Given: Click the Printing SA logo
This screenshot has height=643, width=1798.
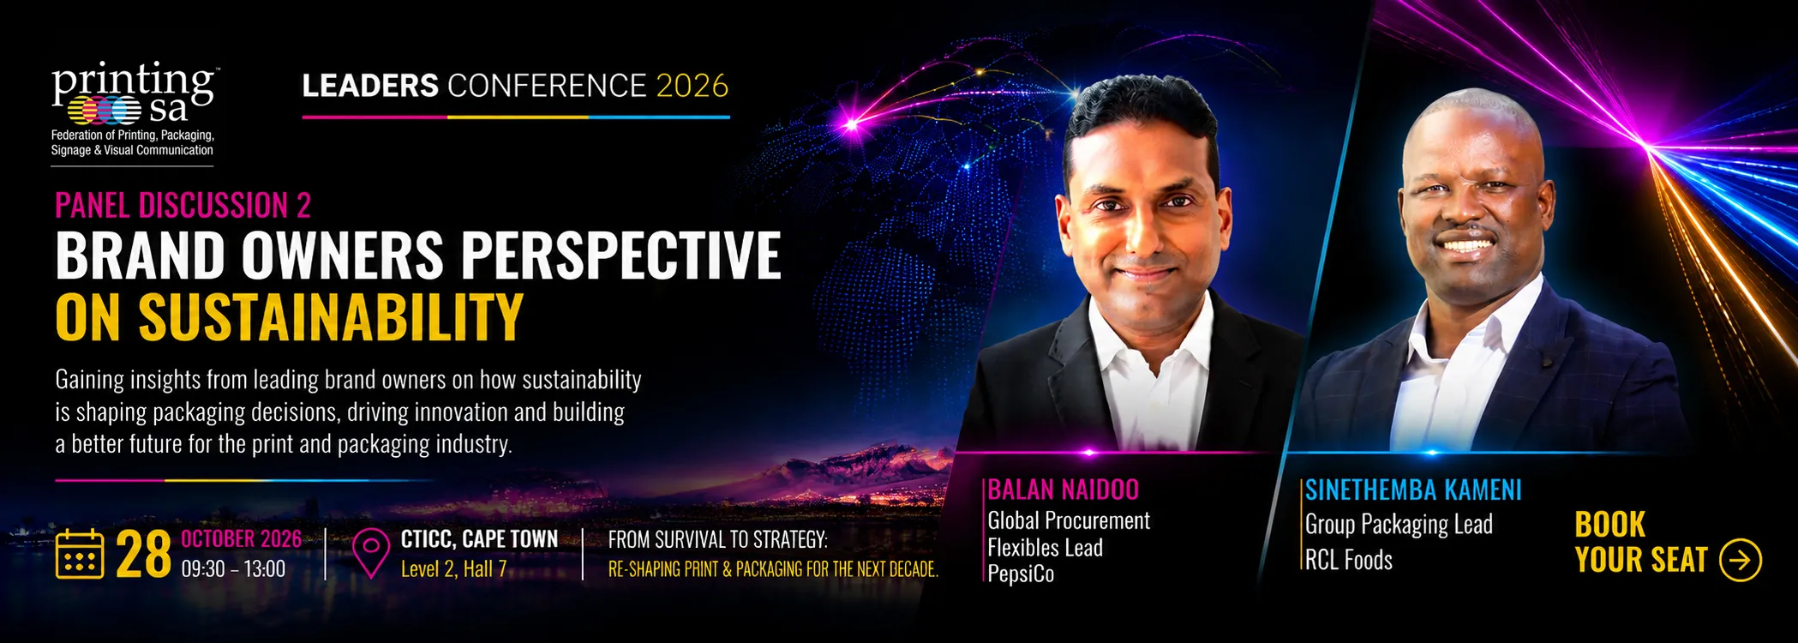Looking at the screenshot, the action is tap(133, 109).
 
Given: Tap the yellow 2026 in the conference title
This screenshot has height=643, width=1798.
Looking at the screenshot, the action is tap(692, 86).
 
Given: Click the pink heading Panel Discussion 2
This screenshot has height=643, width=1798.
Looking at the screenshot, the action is tap(183, 206).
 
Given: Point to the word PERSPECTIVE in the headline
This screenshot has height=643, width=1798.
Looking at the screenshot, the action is tap(621, 255).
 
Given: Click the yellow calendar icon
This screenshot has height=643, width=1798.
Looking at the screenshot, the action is tap(80, 554).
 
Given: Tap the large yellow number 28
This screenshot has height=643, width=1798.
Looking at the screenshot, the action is tap(143, 556).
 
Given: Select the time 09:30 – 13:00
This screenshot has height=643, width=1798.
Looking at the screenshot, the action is tap(233, 569).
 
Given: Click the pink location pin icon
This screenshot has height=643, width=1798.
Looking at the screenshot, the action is tap(371, 553).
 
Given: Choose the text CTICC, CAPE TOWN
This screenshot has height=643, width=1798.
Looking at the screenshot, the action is tap(479, 539).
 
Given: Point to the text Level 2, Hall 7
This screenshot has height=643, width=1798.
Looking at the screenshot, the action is tap(453, 569).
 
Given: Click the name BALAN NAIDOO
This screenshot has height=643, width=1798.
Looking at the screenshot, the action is tap(1064, 490).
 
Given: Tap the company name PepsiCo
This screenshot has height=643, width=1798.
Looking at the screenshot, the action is tap(1021, 574).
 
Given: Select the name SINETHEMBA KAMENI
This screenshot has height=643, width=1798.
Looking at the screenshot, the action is tap(1413, 490).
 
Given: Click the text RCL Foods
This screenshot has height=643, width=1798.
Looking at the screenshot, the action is tap(1349, 560).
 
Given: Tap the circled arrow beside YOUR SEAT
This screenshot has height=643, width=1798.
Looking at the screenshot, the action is tap(1741, 560).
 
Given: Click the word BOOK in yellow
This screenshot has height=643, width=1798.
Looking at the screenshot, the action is tap(1610, 525).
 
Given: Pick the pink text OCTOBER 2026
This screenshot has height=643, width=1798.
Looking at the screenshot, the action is tap(241, 539).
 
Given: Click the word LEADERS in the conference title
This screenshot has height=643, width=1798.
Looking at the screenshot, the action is tap(370, 86).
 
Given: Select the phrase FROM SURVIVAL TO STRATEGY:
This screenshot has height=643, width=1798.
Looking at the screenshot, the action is tap(718, 539).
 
